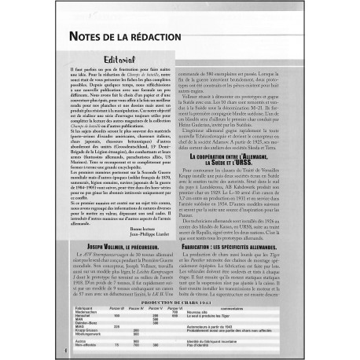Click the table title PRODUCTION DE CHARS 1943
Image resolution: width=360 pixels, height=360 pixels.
pos(180,300)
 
